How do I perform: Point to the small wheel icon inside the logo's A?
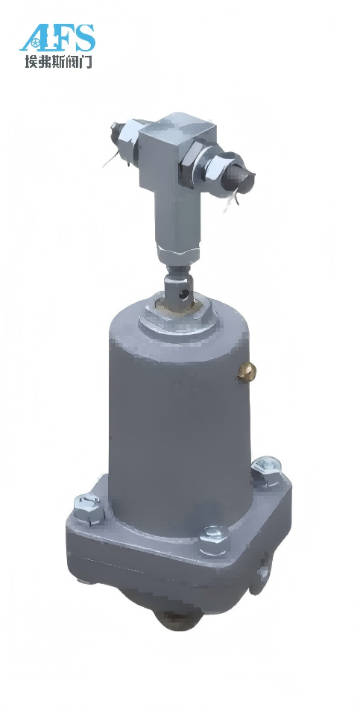37,45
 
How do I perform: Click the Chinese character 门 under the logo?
86,61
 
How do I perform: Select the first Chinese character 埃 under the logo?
31,61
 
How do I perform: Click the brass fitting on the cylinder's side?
247,372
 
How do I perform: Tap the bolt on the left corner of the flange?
89,508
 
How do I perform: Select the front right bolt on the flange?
214,540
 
